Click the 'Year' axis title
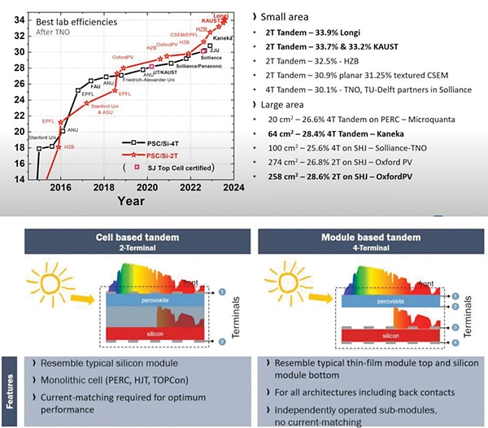(129, 199)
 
